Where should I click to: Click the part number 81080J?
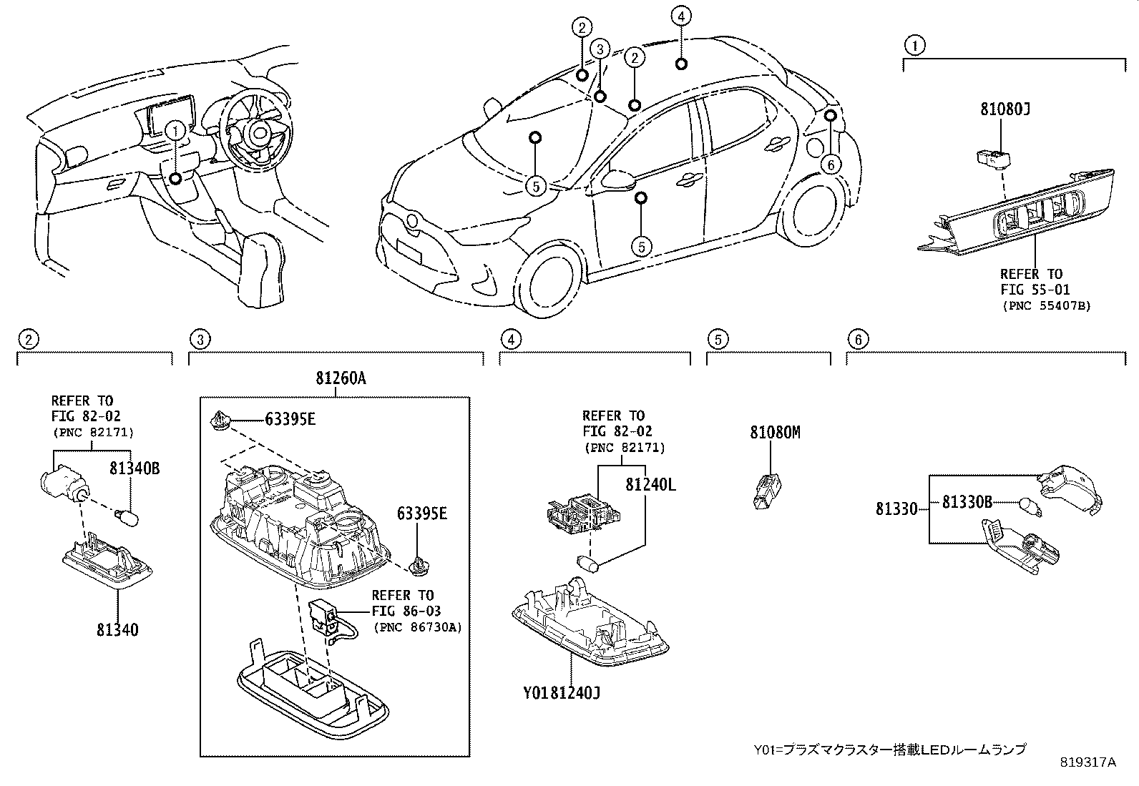[x=1004, y=109]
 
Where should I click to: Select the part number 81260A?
[x=341, y=379]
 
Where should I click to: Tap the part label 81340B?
[x=134, y=468]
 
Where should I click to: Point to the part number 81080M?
[x=775, y=432]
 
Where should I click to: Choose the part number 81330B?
[x=967, y=502]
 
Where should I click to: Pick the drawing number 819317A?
[x=1087, y=762]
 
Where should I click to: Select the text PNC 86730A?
[x=417, y=627]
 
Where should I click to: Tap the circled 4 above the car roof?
[x=681, y=16]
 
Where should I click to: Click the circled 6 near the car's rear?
[x=830, y=165]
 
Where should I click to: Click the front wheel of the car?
[x=547, y=279]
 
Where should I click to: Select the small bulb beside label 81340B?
[x=129, y=514]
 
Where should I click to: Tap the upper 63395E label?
[x=290, y=420]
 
